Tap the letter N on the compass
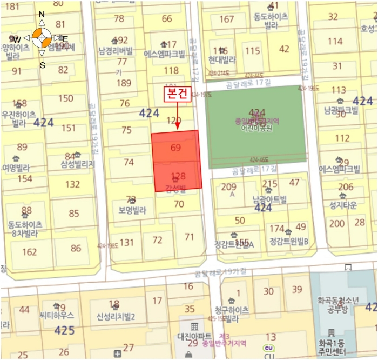coord(42,14)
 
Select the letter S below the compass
coord(42,65)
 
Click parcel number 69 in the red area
coord(175,148)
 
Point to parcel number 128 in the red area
coord(178,176)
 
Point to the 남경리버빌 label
coord(116,51)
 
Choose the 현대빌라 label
coord(222,61)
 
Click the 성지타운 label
coord(340,205)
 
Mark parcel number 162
coord(30,251)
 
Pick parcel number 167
coord(227,19)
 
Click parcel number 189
coord(124,83)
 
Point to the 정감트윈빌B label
coord(288,241)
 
